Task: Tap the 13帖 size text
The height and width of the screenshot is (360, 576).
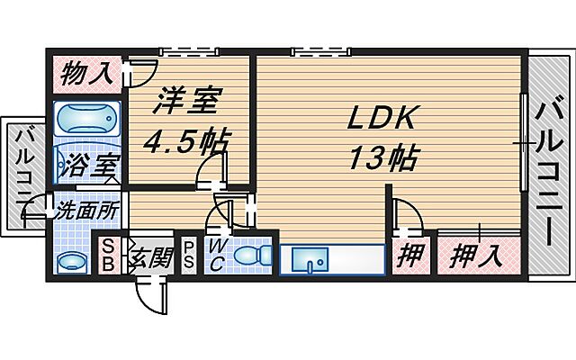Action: (x=382, y=158)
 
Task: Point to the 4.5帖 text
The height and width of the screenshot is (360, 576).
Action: (x=187, y=141)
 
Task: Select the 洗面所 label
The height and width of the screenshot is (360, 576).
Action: (x=86, y=212)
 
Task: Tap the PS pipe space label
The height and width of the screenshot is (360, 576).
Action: (x=190, y=255)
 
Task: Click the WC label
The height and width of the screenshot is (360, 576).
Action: (x=216, y=255)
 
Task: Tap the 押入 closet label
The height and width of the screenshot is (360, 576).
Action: (x=475, y=256)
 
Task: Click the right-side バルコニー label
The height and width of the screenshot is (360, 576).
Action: (x=548, y=171)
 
